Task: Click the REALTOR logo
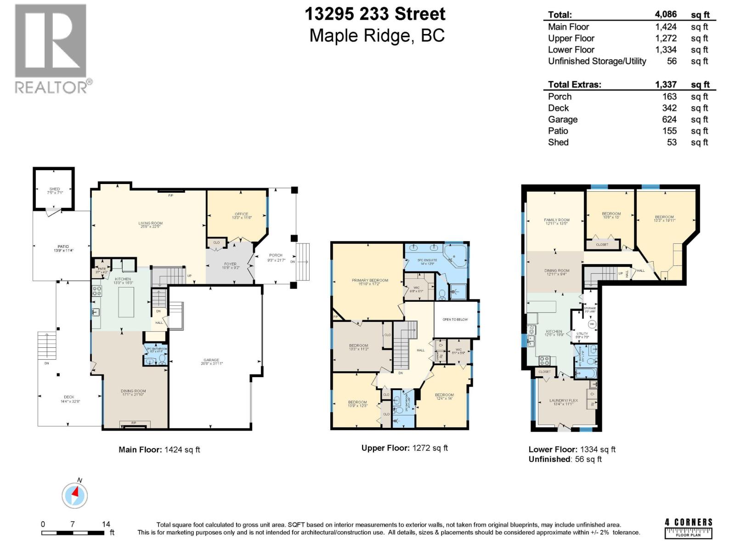(x=51, y=48)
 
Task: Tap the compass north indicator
(x=75, y=495)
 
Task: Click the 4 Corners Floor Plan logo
(x=688, y=529)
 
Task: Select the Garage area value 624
(x=669, y=120)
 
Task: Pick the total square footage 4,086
(x=666, y=15)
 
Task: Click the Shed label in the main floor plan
(x=54, y=191)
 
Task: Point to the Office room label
(x=241, y=215)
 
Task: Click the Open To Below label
(x=455, y=319)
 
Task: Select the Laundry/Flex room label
(x=564, y=402)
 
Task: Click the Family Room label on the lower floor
(x=556, y=222)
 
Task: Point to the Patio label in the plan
(x=63, y=248)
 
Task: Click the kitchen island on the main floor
(x=126, y=302)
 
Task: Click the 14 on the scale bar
(x=106, y=524)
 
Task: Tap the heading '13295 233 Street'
(x=375, y=14)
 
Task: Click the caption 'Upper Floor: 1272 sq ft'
(x=404, y=448)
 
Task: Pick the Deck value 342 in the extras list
(x=669, y=108)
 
